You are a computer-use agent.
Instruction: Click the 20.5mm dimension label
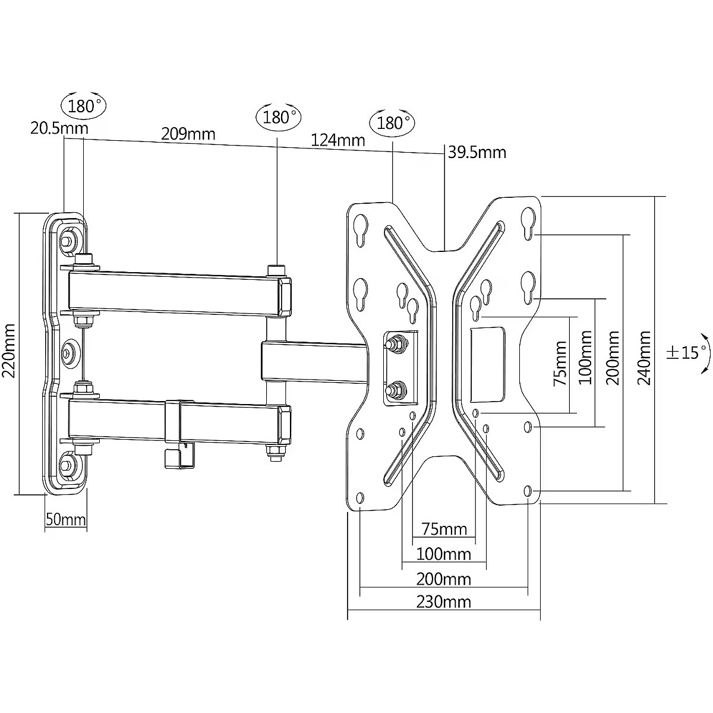59,128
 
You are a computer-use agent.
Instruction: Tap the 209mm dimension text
188,134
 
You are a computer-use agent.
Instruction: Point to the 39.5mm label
477,152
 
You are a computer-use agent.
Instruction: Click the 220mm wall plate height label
9,351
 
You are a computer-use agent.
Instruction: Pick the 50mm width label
65,520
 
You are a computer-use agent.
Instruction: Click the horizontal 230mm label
443,602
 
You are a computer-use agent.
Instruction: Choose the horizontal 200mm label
443,579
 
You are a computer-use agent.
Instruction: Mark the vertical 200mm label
613,358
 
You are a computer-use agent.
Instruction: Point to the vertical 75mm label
560,363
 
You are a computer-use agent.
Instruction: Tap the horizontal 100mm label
443,554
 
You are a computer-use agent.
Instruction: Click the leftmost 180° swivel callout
82,106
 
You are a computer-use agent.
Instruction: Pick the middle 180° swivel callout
278,116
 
